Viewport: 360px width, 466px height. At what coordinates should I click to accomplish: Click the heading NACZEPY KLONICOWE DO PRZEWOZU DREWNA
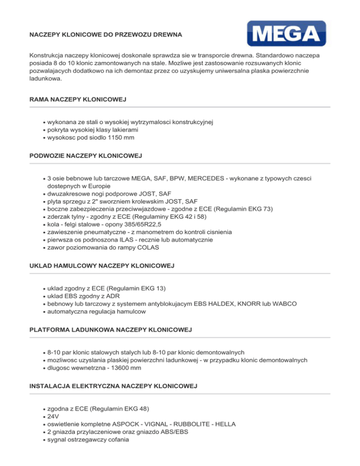pyautogui.click(x=105, y=35)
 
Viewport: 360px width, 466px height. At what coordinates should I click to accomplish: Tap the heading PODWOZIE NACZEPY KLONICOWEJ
pyautogui.click(x=85, y=155)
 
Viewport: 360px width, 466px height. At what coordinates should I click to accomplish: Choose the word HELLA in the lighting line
pyautogui.click(x=225, y=424)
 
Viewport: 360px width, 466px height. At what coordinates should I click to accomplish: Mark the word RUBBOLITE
pyautogui.click(x=183, y=424)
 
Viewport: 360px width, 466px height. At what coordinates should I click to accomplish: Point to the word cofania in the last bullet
pyautogui.click(x=116, y=439)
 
